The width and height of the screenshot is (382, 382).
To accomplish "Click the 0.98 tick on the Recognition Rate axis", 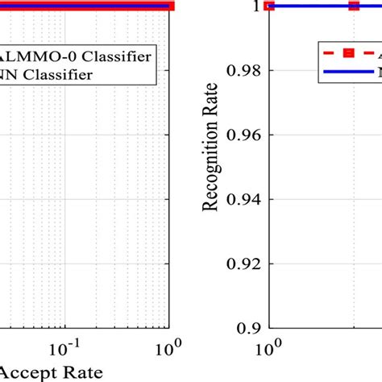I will point(243,70).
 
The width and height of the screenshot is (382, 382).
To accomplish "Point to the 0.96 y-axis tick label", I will point(243,135).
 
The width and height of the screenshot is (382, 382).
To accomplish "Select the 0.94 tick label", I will point(243,199).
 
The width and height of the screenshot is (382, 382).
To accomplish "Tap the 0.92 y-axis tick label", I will point(243,264).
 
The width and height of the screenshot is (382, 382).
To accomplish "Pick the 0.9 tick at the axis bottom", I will point(250,328).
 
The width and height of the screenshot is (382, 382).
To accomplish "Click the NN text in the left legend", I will point(12,75).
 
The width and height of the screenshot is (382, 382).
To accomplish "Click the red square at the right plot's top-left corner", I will point(270,6).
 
